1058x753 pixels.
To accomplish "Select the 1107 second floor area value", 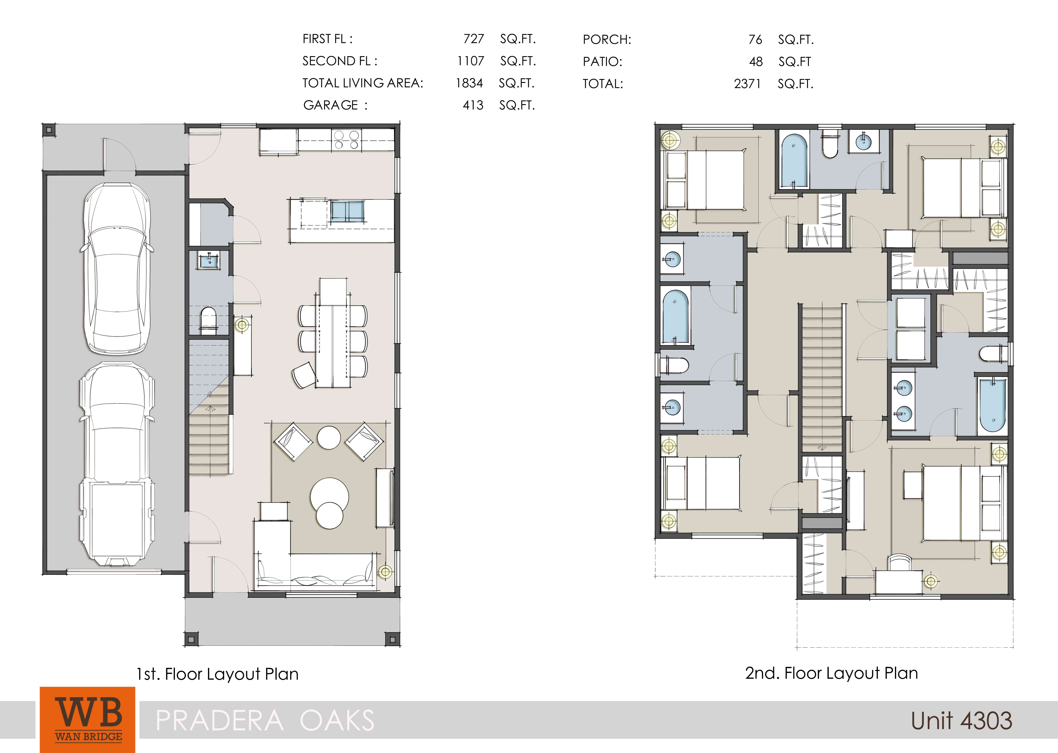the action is pyautogui.click(x=471, y=61).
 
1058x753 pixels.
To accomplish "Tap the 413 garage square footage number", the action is pyautogui.click(x=473, y=105).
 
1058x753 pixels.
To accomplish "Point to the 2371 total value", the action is pyautogui.click(x=747, y=84).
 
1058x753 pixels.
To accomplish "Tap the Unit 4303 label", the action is pyautogui.click(x=961, y=721).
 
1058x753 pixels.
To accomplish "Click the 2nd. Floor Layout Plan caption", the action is pyautogui.click(x=831, y=673).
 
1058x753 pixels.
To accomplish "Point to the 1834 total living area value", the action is pyautogui.click(x=469, y=83).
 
